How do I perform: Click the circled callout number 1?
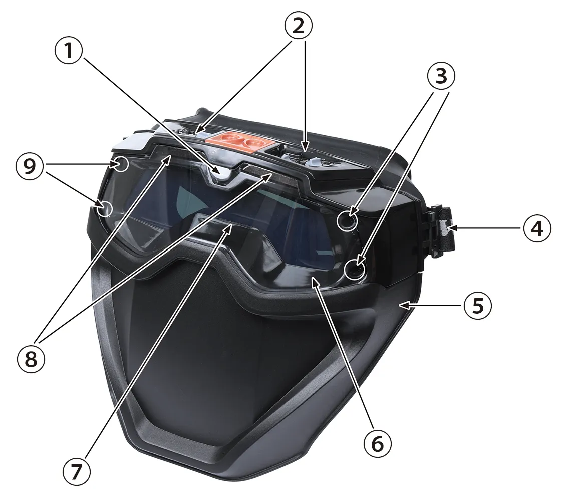pos(69,52)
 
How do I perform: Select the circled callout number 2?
pos(299,26)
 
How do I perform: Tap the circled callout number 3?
pos(441,77)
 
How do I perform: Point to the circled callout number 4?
pos(537,229)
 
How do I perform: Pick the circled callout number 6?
pos(378,443)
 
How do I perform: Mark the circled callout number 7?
pos(76,472)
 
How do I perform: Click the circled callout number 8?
pos(31,359)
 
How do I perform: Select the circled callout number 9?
pos(30,167)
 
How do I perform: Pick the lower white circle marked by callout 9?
pos(105,208)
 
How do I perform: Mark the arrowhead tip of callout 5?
pos(399,305)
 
